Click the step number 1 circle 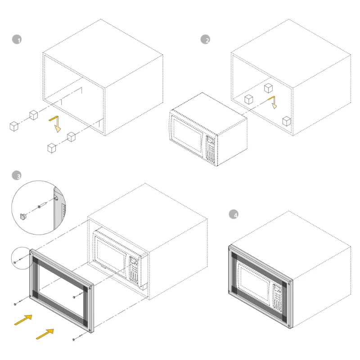[17, 40]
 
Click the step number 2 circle [205, 40]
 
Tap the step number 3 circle [17, 175]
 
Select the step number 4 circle [234, 214]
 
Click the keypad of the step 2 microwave [211, 150]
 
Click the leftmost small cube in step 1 [14, 126]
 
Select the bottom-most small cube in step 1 [52, 148]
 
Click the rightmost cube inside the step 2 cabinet [287, 121]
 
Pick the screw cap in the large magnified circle [23, 216]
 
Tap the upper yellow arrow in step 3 [23, 320]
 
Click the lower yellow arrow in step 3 [45, 334]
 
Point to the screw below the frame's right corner [77, 337]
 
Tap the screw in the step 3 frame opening [78, 295]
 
